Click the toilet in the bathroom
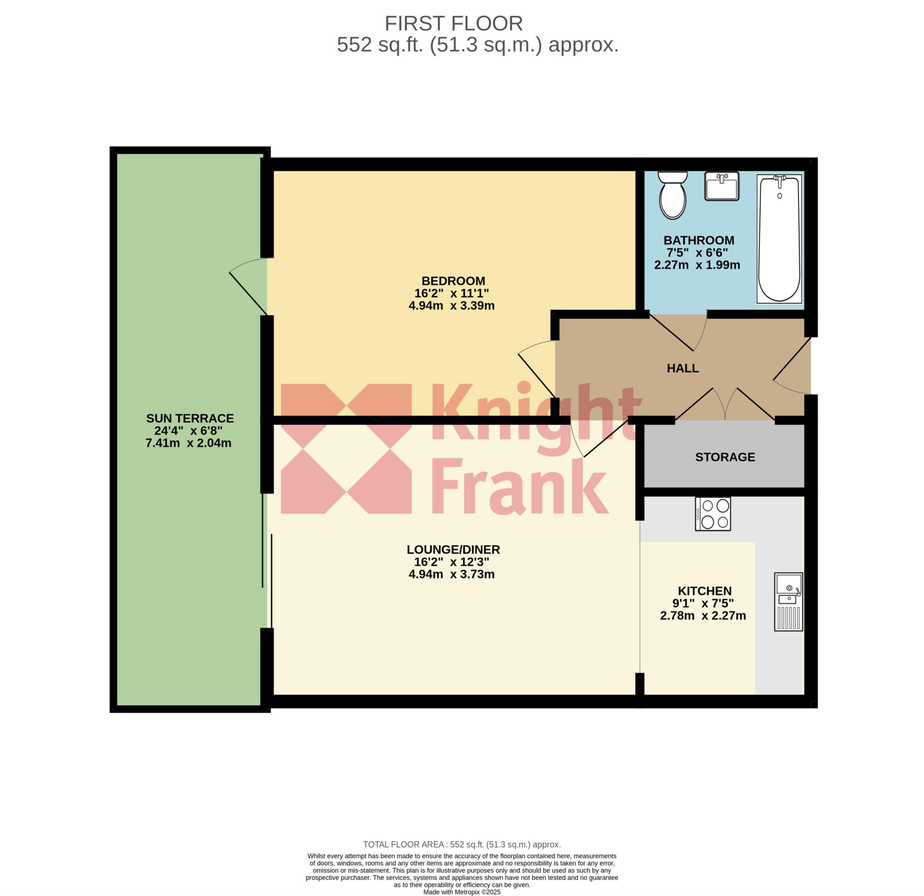673,195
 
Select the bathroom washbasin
722,186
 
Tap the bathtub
779,239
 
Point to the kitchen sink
788,602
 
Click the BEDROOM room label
453,281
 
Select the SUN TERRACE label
190,418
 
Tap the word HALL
683,368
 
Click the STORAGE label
725,457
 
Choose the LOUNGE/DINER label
453,549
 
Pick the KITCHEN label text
705,591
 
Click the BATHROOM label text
699,240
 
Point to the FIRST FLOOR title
453,23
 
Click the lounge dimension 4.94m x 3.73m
452,574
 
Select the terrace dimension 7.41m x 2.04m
189,443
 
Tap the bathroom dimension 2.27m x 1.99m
697,265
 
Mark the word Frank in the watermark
519,486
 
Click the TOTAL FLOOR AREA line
462,845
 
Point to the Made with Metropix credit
462,892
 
